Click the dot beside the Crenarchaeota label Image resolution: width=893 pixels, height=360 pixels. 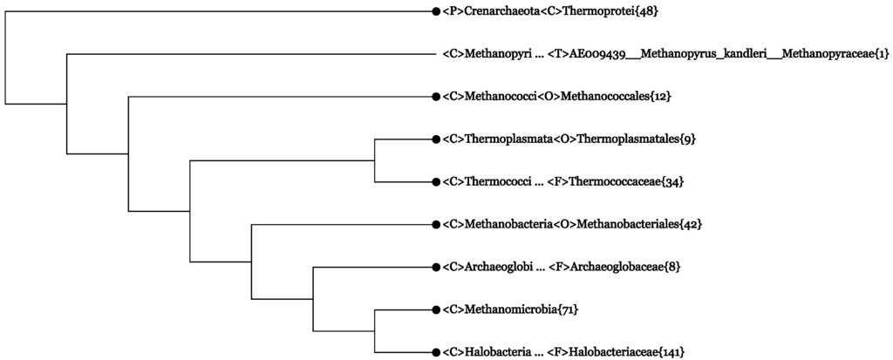tap(435, 11)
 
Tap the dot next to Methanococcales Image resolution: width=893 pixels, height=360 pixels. tap(435, 96)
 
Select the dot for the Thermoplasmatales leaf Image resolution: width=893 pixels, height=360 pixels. tap(435, 139)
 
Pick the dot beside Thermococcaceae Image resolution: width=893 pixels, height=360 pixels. tap(435, 181)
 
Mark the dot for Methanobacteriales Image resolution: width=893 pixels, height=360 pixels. tap(435, 224)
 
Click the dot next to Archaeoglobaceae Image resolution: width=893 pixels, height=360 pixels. tap(435, 267)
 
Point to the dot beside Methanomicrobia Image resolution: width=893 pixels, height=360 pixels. tap(435, 309)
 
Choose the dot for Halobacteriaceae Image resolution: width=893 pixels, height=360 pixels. tap(435, 351)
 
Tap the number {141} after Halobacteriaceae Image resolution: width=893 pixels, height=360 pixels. tap(670, 351)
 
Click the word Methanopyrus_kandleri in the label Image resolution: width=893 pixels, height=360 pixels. tap(699, 54)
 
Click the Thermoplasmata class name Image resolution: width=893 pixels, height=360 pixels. tap(505, 139)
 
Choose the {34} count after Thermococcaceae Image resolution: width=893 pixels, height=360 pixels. tap(672, 181)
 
